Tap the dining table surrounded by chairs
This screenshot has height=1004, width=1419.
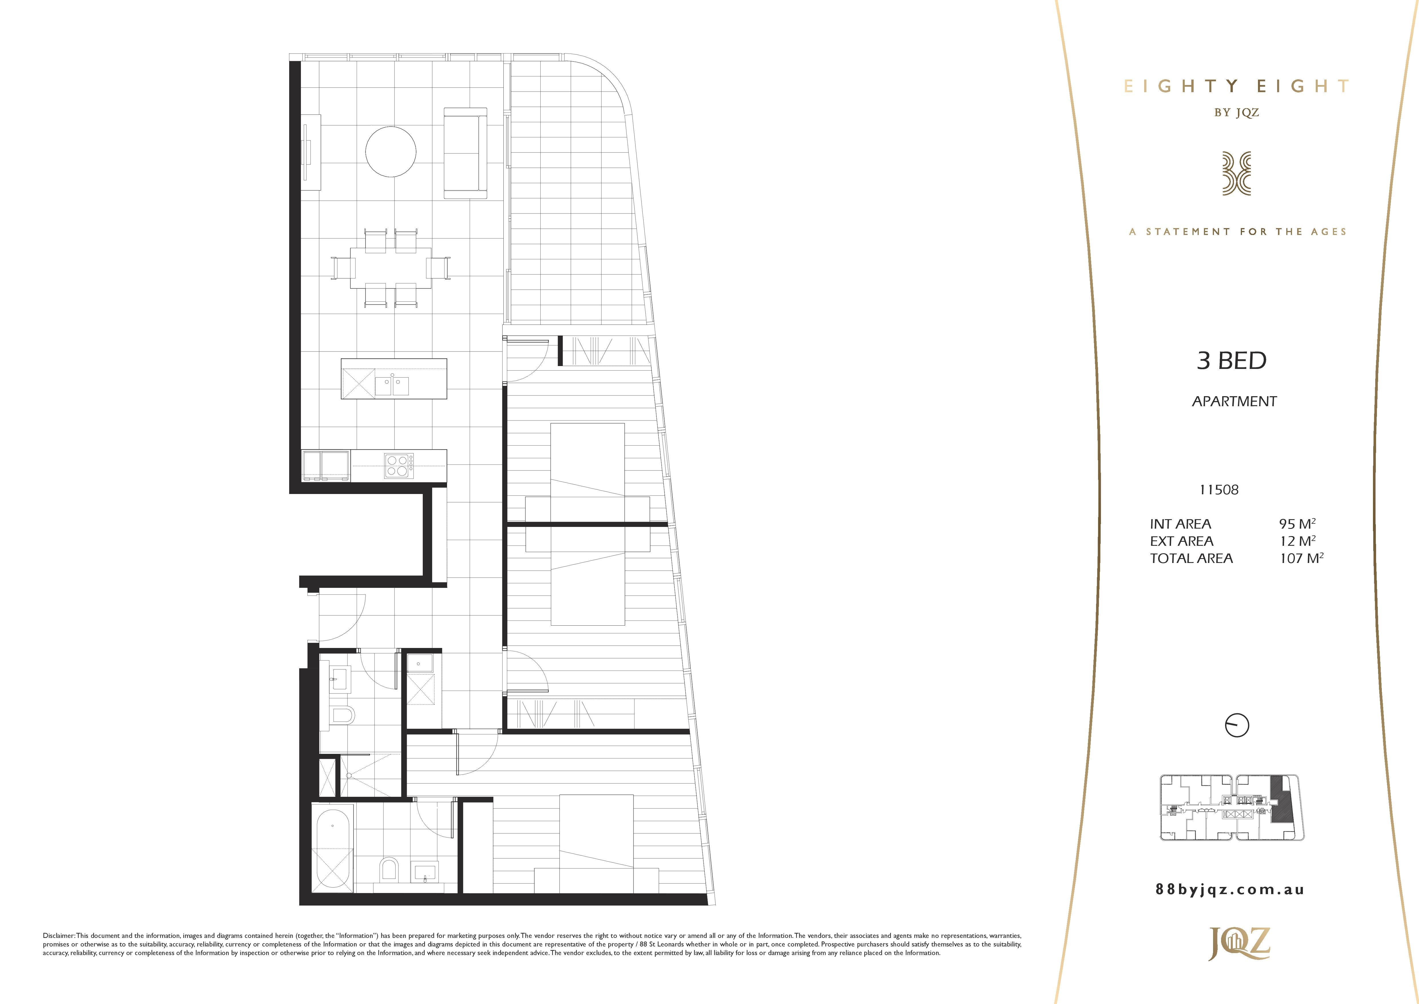pyautogui.click(x=391, y=268)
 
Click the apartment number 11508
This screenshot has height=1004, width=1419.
pyautogui.click(x=1219, y=490)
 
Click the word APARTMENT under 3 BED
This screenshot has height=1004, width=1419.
pyautogui.click(x=1234, y=401)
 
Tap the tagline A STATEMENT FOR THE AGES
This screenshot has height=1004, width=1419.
pyautogui.click(x=1238, y=232)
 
